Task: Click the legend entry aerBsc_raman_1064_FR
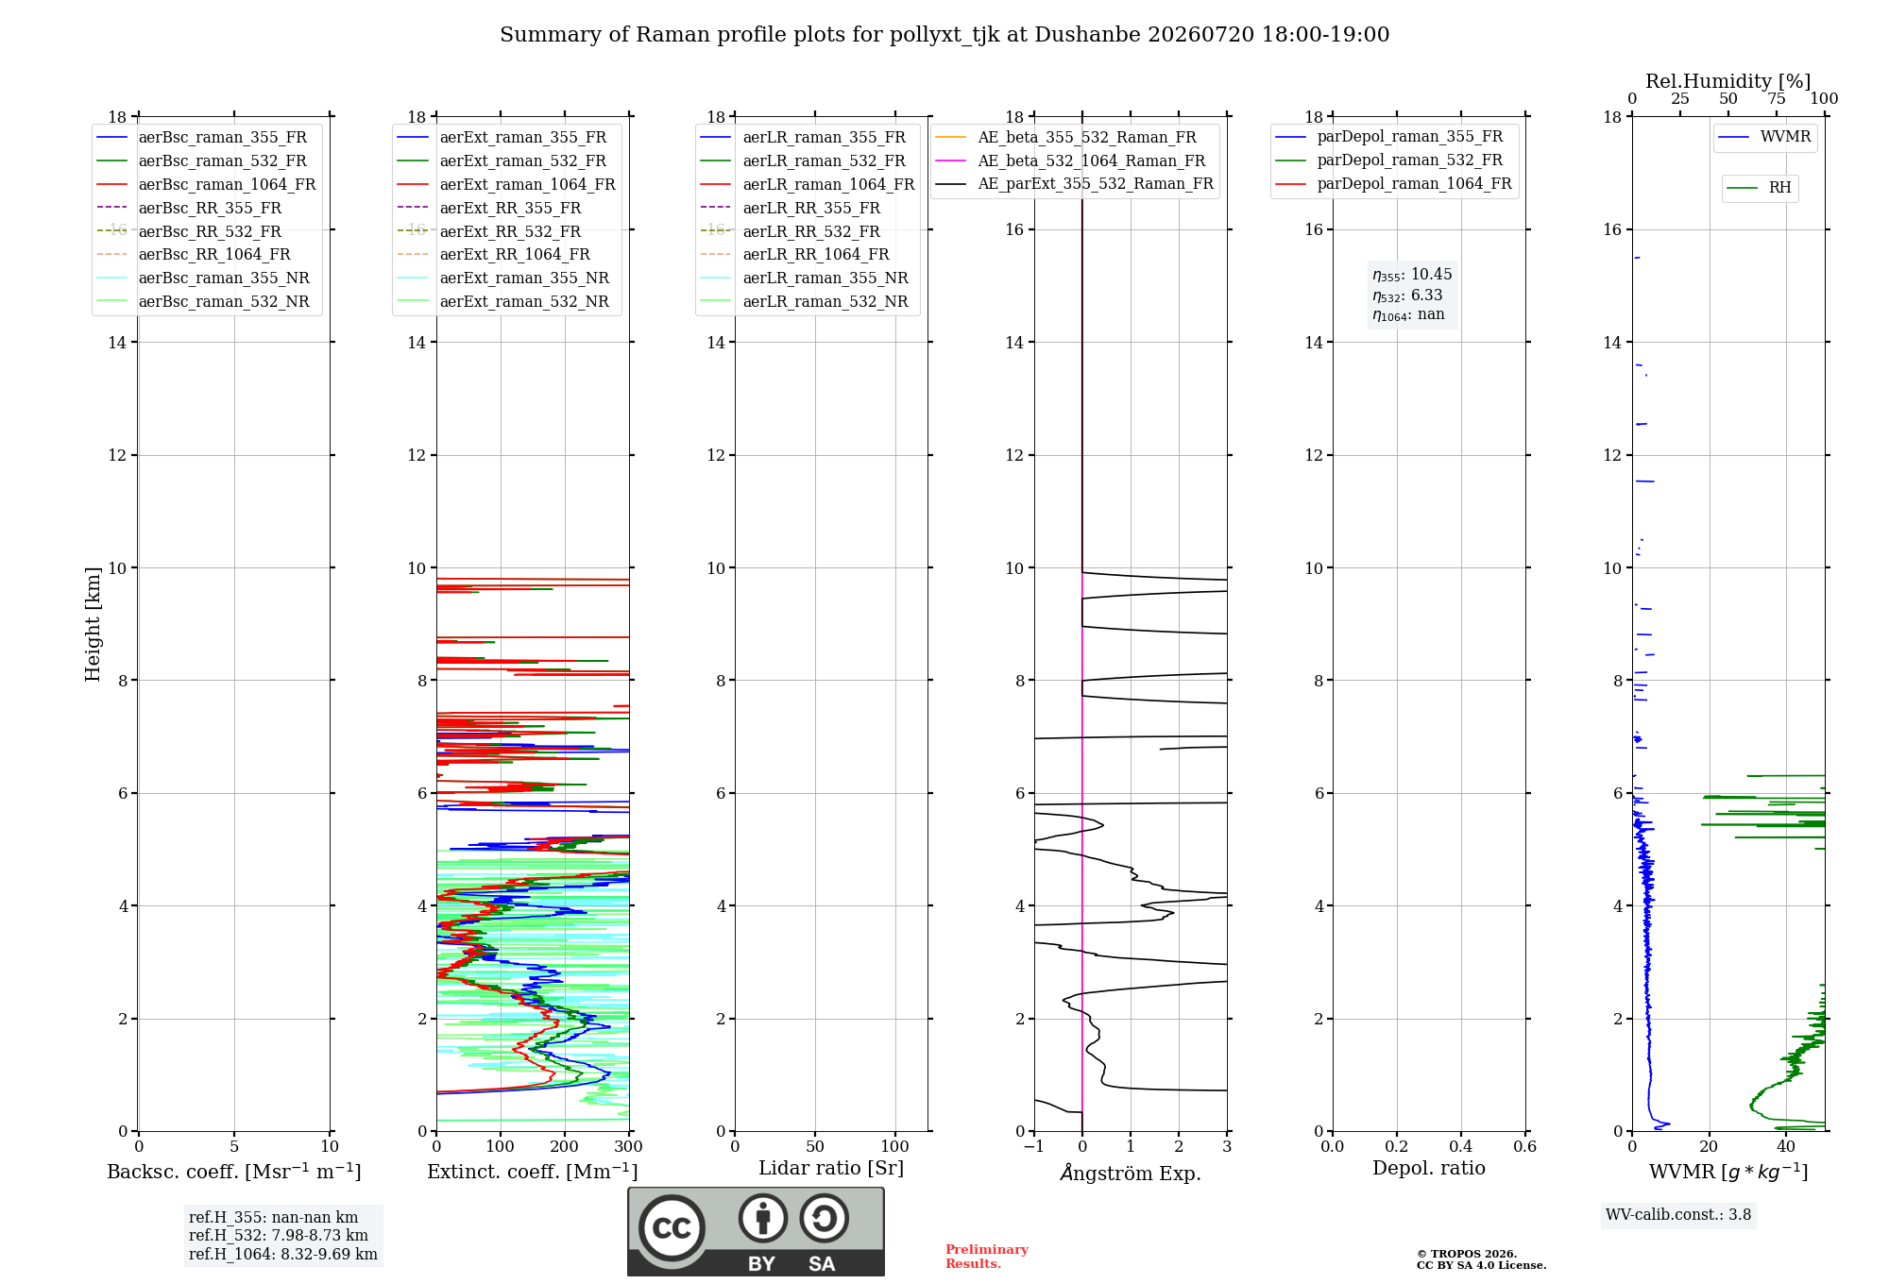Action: point(207,184)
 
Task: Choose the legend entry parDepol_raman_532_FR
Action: point(1389,160)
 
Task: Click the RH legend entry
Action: point(1759,188)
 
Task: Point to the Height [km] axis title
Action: point(93,624)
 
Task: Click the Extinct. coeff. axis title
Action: point(533,1172)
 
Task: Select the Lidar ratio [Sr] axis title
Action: point(831,1168)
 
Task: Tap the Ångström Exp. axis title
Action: point(1131,1173)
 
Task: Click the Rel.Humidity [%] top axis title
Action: point(1728,81)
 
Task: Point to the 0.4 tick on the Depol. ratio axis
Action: point(1461,1146)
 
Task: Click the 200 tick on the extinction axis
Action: point(565,1146)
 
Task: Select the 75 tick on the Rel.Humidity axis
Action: point(1777,98)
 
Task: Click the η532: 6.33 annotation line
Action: point(1407,296)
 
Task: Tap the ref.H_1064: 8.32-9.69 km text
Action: point(283,1254)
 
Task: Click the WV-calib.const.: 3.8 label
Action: point(1678,1215)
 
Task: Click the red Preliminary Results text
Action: point(987,1257)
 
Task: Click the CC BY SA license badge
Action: point(757,1231)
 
